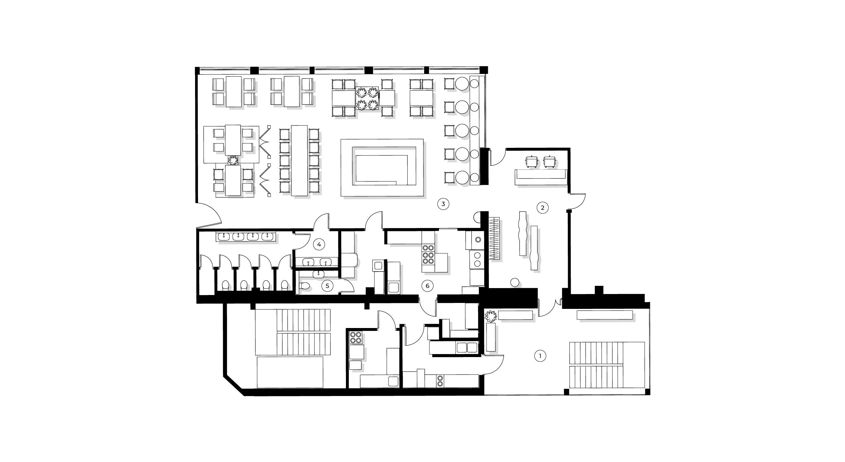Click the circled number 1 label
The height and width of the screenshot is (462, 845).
click(540, 356)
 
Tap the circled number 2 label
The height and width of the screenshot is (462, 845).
click(543, 208)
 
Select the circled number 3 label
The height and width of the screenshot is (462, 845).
click(443, 204)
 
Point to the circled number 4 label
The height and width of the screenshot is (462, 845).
click(319, 245)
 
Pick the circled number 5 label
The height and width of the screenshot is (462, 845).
click(327, 286)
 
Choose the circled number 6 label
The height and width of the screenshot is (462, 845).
click(427, 286)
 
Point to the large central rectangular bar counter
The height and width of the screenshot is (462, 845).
click(382, 169)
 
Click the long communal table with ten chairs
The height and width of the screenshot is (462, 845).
click(300, 160)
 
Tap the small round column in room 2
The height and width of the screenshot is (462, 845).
click(514, 282)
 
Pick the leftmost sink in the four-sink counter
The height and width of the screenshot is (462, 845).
click(224, 237)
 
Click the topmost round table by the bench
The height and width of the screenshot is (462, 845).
click(462, 84)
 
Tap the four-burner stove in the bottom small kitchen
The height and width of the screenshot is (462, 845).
click(356, 338)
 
